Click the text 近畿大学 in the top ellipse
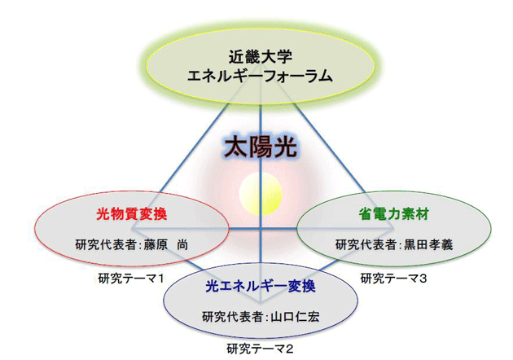[x=260, y=58]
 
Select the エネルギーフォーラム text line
[x=260, y=76]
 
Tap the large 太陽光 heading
[x=261, y=147]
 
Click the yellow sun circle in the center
[x=261, y=194]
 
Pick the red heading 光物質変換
[x=132, y=214]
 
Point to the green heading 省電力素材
[x=393, y=214]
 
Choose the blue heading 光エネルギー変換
[x=261, y=287]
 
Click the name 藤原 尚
[x=166, y=244]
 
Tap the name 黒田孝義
[x=428, y=244]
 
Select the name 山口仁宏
[x=295, y=317]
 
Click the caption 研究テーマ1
[x=130, y=279]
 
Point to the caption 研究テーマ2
[x=260, y=349]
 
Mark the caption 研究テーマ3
[x=393, y=279]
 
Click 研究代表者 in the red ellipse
[x=105, y=244]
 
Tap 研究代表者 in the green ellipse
[x=366, y=244]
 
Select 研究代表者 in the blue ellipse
[x=232, y=317]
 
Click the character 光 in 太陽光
[x=285, y=147]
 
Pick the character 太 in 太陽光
[x=236, y=147]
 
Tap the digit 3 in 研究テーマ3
[x=423, y=279]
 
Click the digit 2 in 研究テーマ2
[x=289, y=349]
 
